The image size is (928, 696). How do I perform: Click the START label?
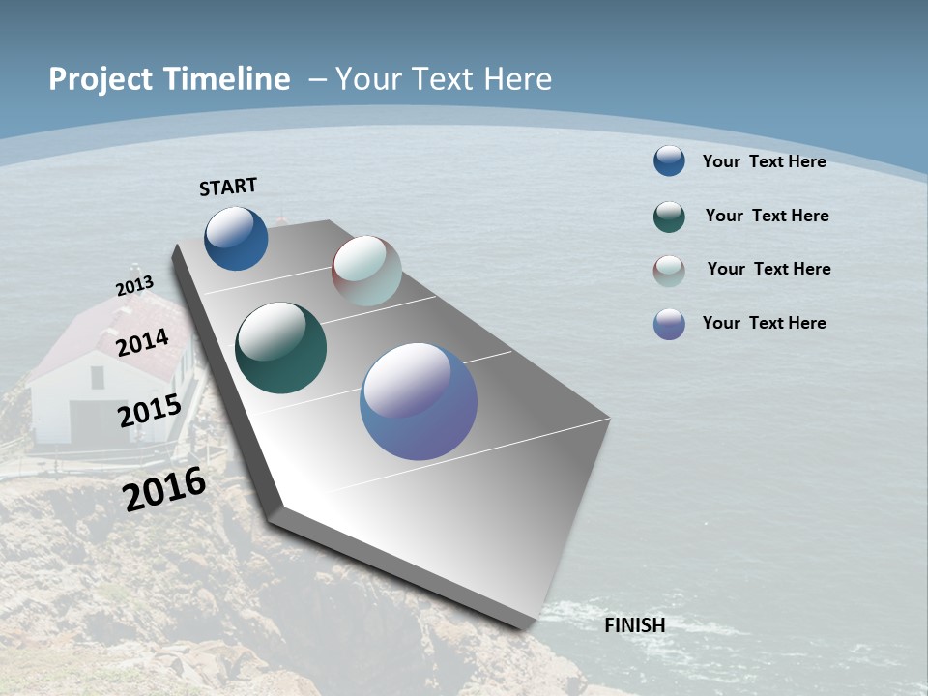coord(228,187)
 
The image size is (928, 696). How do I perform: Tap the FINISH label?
coord(634,625)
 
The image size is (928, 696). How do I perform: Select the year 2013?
coord(134,286)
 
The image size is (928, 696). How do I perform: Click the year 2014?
coord(142,342)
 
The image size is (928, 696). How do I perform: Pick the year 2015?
coord(149,411)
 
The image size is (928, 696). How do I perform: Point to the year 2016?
coord(164,489)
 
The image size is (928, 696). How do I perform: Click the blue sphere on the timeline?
coord(236,239)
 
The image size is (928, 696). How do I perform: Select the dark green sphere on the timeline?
coord(280,348)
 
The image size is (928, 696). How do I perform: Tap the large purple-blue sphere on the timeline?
coord(418,401)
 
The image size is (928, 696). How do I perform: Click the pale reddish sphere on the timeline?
coord(366,271)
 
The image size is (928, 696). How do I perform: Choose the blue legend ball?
coord(669,160)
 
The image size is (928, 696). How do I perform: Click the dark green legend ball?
coord(669,217)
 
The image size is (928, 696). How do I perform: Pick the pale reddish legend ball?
coord(669,271)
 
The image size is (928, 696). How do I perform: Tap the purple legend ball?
coord(669,324)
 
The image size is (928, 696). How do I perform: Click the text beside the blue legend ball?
coord(764,161)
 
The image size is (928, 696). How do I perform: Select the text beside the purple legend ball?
coord(764,323)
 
